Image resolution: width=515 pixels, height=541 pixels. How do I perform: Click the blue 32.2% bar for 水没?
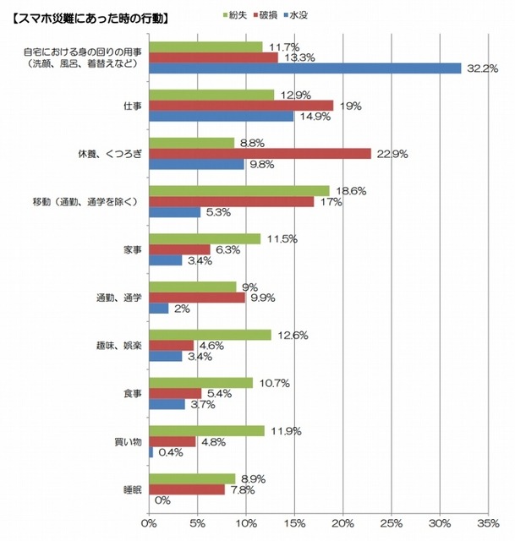click(x=304, y=68)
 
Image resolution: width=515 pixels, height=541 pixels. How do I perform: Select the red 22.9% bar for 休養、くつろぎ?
click(x=260, y=153)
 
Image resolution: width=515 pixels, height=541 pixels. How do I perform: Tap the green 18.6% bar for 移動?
click(x=239, y=191)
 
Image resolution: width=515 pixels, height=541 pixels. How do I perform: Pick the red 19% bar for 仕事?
click(x=241, y=106)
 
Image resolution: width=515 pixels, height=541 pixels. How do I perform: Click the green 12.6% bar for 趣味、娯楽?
click(x=210, y=335)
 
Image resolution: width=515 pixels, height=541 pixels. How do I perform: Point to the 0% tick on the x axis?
click(x=150, y=523)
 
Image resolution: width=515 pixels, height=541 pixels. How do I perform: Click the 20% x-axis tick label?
click(x=343, y=523)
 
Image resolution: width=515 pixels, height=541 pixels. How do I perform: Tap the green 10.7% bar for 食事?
click(x=201, y=382)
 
